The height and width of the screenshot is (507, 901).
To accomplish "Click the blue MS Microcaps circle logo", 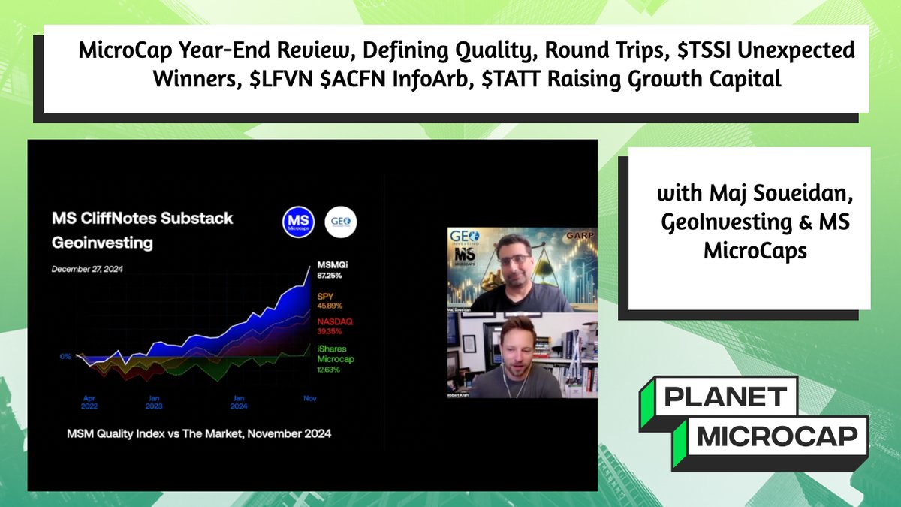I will (x=298, y=222).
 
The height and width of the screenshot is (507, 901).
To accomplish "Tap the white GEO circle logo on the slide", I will (x=341, y=222).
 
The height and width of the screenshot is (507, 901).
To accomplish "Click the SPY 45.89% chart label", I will (x=325, y=300).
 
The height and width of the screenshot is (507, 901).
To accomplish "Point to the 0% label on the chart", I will (x=67, y=356).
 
